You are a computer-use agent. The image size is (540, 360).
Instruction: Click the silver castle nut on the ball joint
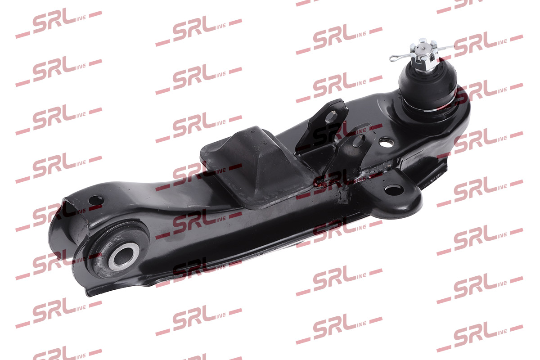423,56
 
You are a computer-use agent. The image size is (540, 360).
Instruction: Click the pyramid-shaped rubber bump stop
256,166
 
